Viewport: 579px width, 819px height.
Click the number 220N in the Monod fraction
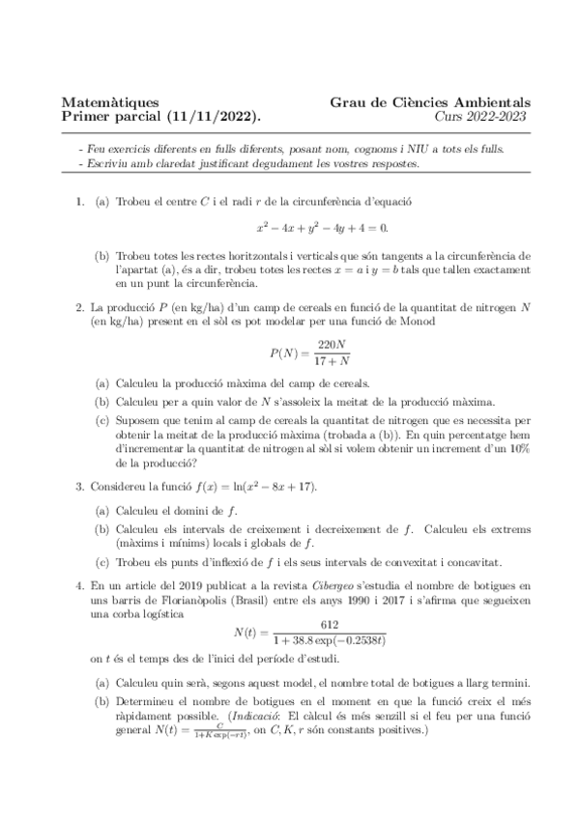pyautogui.click(x=332, y=344)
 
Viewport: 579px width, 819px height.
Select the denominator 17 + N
pyautogui.click(x=332, y=361)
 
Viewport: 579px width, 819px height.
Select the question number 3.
pyautogui.click(x=79, y=484)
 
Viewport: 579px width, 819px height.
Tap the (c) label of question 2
pyautogui.click(x=101, y=420)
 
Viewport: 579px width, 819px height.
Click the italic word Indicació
pyautogui.click(x=311, y=717)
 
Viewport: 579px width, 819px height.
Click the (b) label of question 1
pyautogui.click(x=101, y=256)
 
